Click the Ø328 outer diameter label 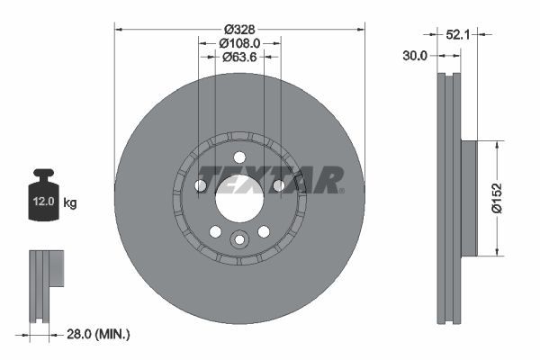238,28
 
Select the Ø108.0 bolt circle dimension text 239,42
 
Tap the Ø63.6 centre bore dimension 238,58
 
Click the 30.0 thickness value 415,55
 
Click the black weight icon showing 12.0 43,193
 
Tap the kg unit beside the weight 70,203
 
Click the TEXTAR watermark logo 270,179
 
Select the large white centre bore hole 238,197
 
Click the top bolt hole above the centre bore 238,157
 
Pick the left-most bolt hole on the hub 201,185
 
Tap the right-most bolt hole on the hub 278,185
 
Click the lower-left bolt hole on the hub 215,231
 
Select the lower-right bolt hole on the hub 264,231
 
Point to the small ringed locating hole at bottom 239,239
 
